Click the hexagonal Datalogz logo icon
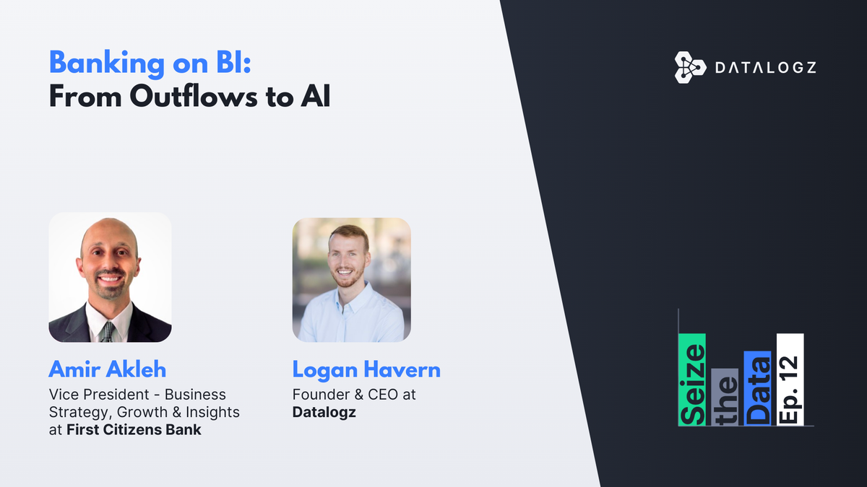pos(689,67)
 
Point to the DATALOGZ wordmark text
pos(765,68)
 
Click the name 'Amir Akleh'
pos(108,370)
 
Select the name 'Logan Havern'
pos(366,370)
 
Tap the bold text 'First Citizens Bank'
pos(134,430)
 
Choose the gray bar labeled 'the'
pos(725,397)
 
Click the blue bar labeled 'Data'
pos(758,388)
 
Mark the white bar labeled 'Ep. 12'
pos(790,379)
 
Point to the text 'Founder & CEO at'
pos(354,395)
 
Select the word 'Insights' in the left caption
pos(212,413)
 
